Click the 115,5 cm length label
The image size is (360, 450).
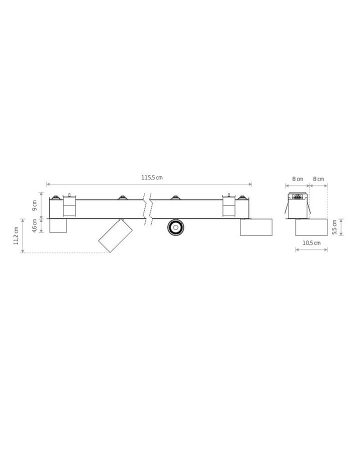pos(152,177)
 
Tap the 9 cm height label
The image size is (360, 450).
pos(34,205)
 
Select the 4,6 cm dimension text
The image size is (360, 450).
pos(34,225)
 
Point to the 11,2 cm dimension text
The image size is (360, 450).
pos(16,235)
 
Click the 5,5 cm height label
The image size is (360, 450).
pos(334,227)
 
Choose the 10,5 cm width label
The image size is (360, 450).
pos(311,243)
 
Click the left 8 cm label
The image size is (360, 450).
pos(297,179)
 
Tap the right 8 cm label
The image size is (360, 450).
pos(318,179)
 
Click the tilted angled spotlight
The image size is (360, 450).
pos(115,235)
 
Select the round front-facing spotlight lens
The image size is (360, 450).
pos(175,227)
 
